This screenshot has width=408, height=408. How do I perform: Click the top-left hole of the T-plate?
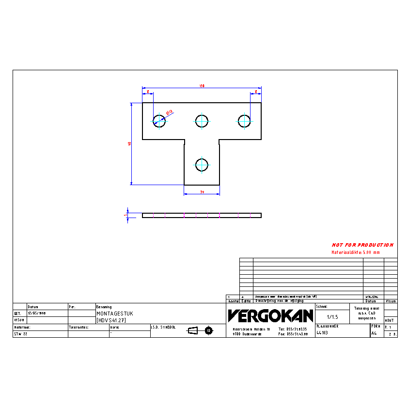click(159, 120)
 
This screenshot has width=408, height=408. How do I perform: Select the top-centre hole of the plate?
click(202, 120)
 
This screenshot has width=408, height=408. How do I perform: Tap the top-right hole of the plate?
click(244, 120)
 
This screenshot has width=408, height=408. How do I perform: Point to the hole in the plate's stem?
click(202, 164)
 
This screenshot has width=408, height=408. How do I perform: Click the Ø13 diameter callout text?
click(170, 112)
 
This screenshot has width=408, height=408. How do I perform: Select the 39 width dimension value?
click(202, 192)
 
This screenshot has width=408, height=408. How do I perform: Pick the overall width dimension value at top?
click(202, 86)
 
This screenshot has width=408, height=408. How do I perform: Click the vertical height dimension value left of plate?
click(129, 143)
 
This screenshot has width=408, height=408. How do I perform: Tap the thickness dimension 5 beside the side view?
click(126, 215)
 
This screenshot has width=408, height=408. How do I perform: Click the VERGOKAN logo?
click(270, 316)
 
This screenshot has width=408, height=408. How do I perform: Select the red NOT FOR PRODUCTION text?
click(362, 245)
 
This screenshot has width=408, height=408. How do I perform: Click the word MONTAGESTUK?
click(114, 314)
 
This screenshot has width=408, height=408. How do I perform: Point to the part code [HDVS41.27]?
click(111, 320)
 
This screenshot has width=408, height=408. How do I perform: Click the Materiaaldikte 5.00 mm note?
click(356, 252)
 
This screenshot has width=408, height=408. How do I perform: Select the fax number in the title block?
click(293, 334)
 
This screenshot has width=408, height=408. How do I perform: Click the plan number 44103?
click(322, 333)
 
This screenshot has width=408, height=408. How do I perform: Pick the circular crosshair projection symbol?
click(209, 330)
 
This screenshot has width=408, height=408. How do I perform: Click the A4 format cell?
click(374, 333)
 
